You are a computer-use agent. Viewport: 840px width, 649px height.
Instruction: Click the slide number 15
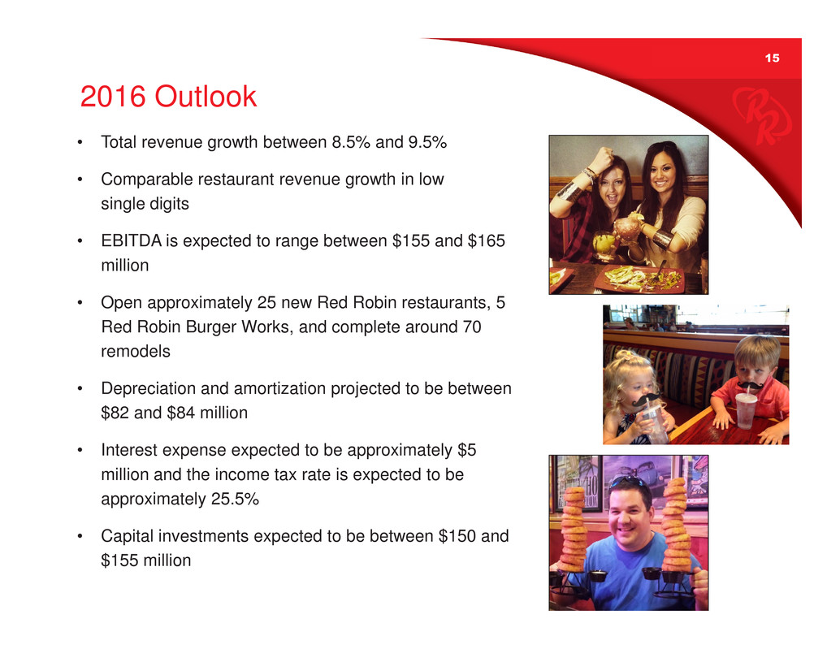pos(772,58)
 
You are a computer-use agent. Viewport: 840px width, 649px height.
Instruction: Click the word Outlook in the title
pos(206,97)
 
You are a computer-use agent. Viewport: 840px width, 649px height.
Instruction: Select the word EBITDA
pos(132,240)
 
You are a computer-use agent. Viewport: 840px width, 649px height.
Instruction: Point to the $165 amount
pos(487,240)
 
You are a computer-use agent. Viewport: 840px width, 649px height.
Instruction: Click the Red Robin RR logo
pos(761,115)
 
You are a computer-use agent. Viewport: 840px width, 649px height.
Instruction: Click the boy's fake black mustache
pos(751,385)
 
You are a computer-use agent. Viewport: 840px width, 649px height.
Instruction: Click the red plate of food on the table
pos(639,279)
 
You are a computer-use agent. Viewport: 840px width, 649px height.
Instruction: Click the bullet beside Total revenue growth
pos(80,142)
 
